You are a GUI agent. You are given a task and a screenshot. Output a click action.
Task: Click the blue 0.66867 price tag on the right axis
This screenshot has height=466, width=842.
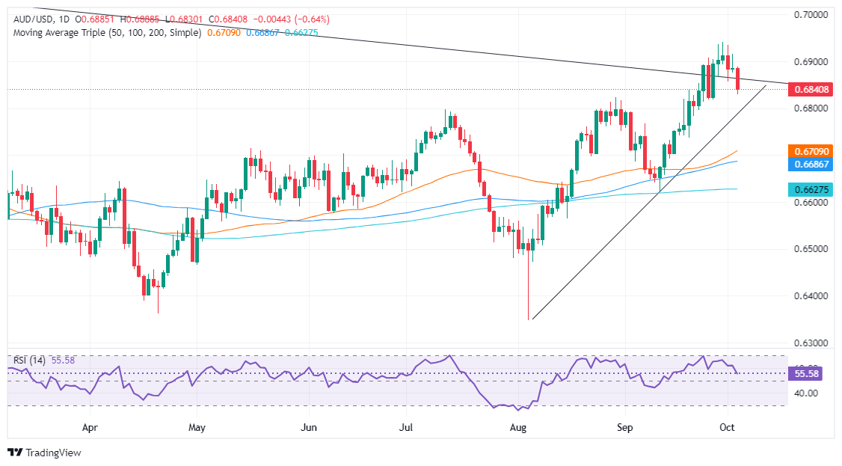pyautogui.click(x=810, y=162)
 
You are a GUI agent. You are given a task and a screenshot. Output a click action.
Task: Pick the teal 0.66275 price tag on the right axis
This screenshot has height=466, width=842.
pyautogui.click(x=810, y=190)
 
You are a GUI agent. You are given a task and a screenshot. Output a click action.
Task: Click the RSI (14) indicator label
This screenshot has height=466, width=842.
pyautogui.click(x=30, y=361)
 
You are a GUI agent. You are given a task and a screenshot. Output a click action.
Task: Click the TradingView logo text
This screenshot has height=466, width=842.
pyautogui.click(x=52, y=453)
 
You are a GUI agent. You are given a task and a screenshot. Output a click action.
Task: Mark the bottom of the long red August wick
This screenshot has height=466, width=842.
pyautogui.click(x=529, y=319)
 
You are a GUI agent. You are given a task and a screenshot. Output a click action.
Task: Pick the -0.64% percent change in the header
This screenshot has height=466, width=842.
pyautogui.click(x=314, y=19)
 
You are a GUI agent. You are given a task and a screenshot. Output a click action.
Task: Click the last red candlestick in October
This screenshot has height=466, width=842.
pyautogui.click(x=738, y=79)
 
